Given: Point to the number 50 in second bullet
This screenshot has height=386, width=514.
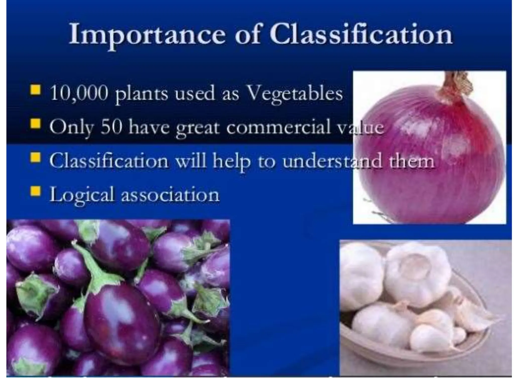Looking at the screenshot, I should pos(111,127).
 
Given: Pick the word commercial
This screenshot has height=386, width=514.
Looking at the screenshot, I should pos(279,127).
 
